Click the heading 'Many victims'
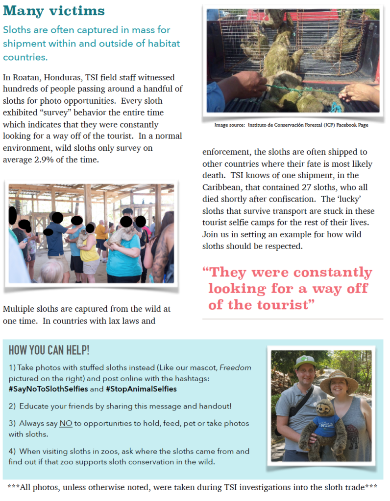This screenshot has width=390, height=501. (54, 10)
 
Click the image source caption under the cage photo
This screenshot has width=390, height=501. (291, 125)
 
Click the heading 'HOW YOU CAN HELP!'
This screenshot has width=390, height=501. (49, 350)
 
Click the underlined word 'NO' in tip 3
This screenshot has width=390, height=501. (66, 423)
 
